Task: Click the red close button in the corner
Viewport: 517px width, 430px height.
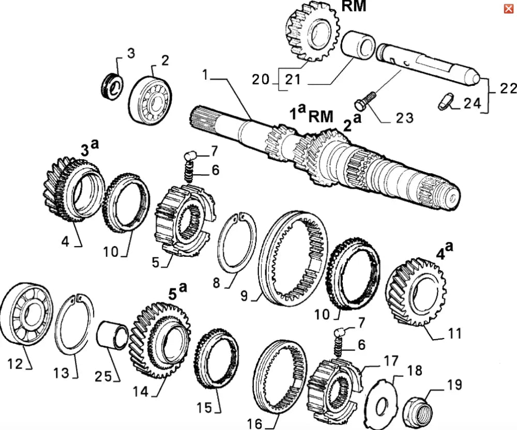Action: tap(508, 8)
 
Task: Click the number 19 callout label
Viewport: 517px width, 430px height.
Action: tap(455, 385)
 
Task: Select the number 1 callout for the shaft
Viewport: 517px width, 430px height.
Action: tap(205, 76)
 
